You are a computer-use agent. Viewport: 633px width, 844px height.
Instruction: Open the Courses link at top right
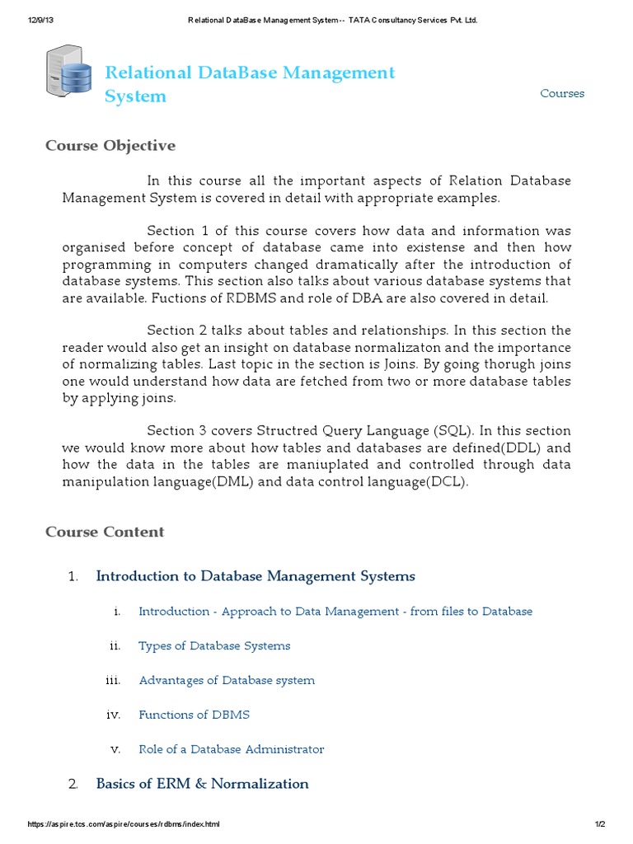tap(562, 93)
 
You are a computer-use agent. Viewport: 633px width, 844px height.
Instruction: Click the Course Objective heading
tap(110, 146)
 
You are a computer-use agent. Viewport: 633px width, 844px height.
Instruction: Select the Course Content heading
tap(105, 532)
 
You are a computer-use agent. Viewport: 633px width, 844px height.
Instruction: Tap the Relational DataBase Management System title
tap(250, 84)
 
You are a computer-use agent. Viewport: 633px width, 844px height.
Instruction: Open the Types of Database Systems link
tap(214, 645)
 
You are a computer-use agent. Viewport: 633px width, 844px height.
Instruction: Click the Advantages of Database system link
tap(227, 680)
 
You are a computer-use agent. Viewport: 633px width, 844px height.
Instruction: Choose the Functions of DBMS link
tap(194, 715)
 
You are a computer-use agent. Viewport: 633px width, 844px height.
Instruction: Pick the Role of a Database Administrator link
tap(232, 749)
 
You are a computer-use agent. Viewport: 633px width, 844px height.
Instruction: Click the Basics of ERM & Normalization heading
tap(203, 784)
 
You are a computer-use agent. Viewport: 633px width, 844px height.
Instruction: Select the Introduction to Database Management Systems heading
tap(256, 576)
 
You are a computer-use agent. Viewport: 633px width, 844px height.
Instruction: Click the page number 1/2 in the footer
tap(599, 824)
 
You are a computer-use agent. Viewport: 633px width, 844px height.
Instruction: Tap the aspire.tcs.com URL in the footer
tap(124, 824)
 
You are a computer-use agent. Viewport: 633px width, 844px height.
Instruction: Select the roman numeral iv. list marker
tap(114, 715)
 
